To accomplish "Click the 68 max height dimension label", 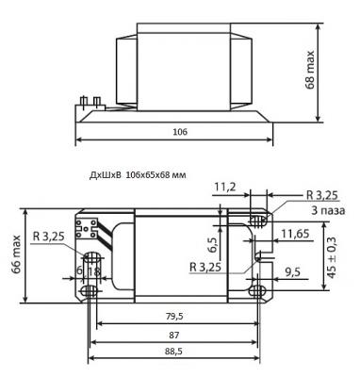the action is pyautogui.click(x=310, y=70).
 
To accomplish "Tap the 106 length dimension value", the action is pyautogui.click(x=180, y=132).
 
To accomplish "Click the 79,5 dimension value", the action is pyautogui.click(x=175, y=317).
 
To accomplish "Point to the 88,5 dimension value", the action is pyautogui.click(x=173, y=352).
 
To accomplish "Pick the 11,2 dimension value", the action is pyautogui.click(x=225, y=187).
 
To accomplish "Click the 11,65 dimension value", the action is pyautogui.click(x=295, y=234).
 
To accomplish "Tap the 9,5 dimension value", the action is pyautogui.click(x=292, y=272).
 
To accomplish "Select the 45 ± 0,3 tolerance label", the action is pyautogui.click(x=332, y=257).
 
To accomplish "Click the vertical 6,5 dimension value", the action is pyautogui.click(x=212, y=245).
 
